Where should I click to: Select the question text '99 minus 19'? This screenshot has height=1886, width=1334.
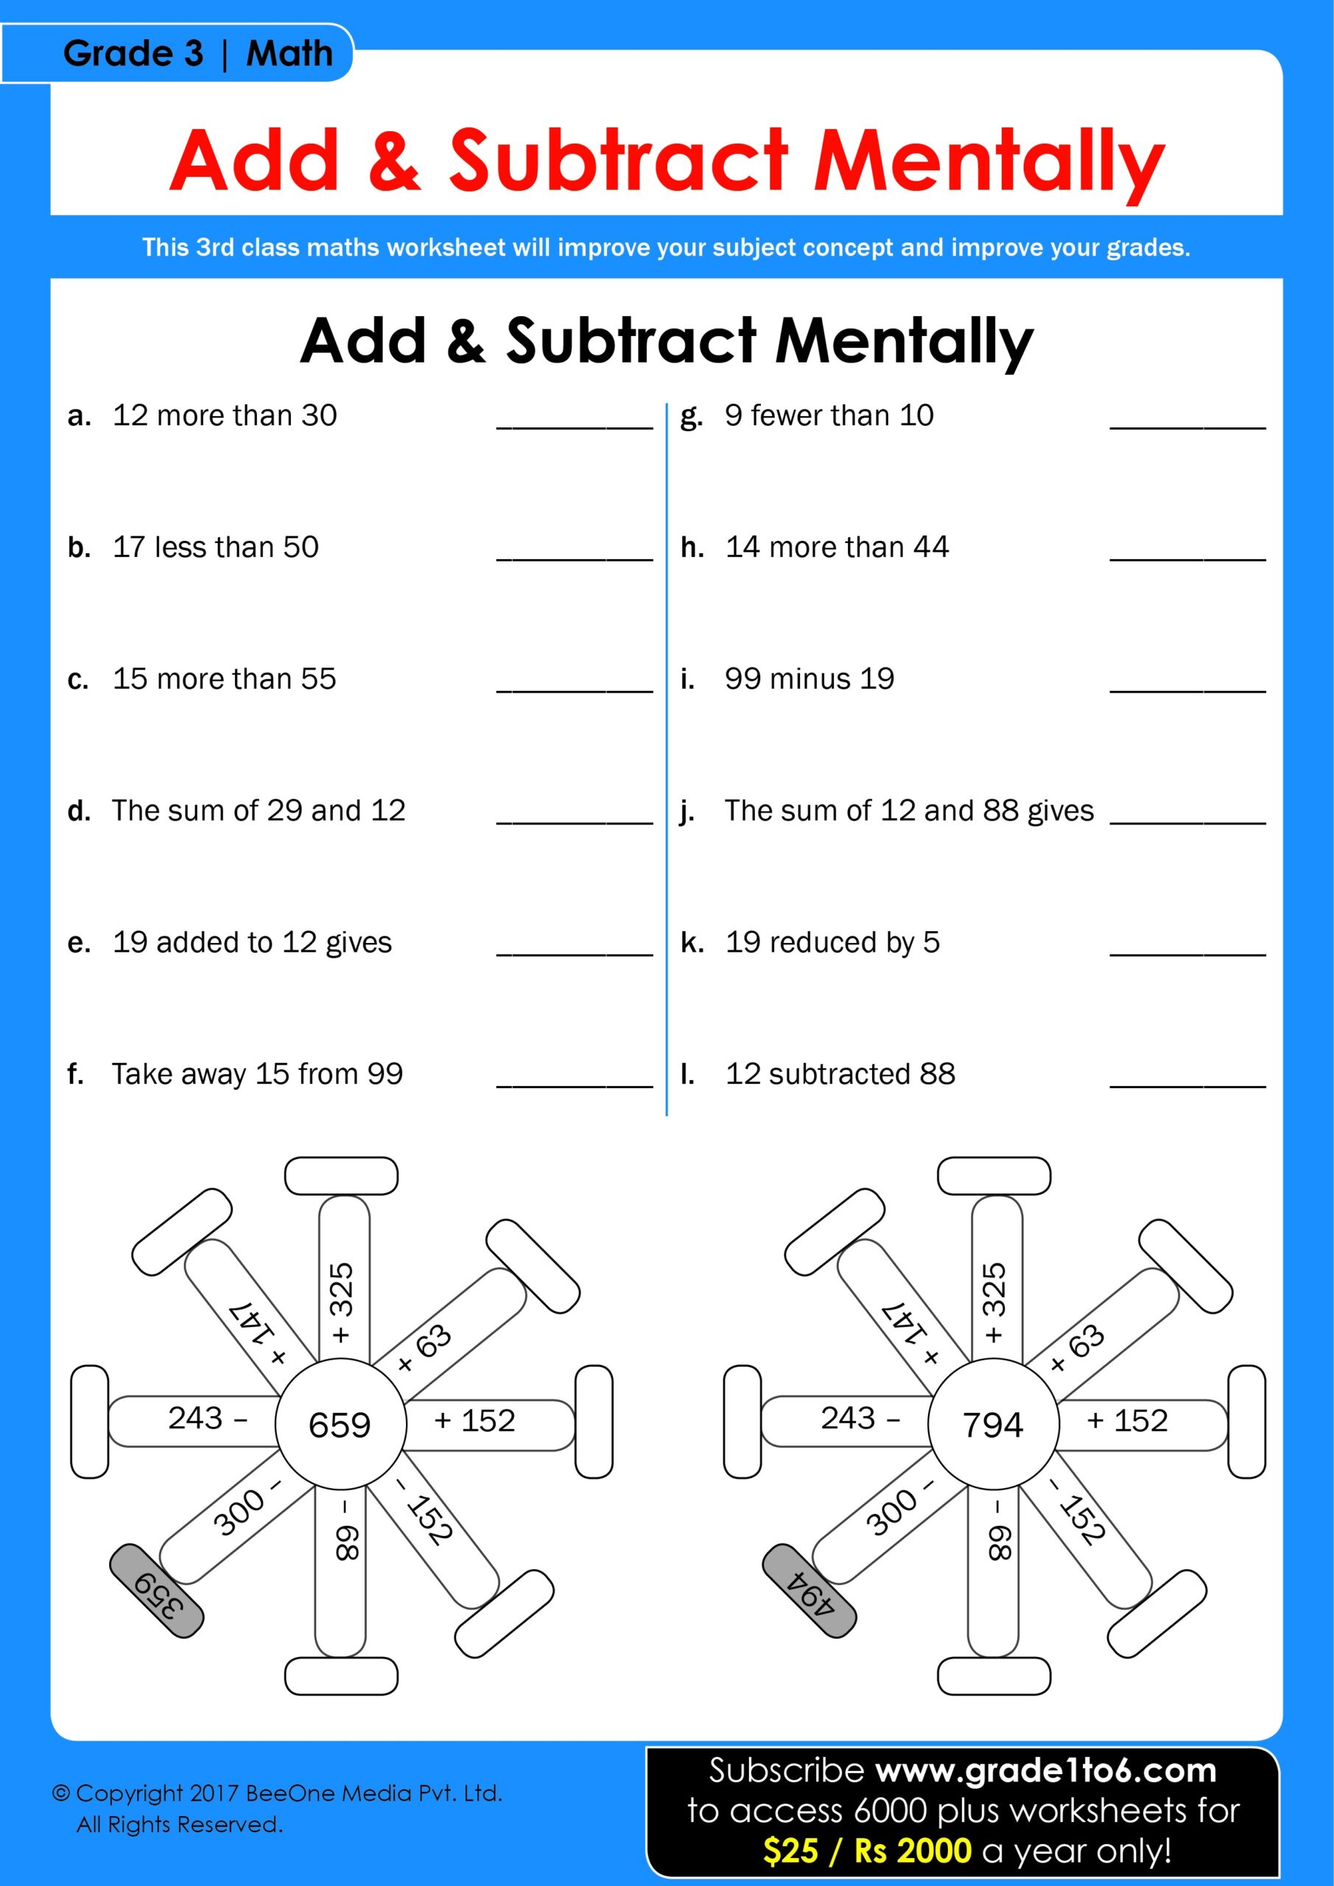pyautogui.click(x=808, y=679)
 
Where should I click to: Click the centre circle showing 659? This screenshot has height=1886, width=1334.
pyautogui.click(x=340, y=1423)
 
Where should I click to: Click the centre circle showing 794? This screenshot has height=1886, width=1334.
pyautogui.click(x=992, y=1423)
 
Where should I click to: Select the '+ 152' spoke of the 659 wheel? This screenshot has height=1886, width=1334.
pyautogui.click(x=485, y=1421)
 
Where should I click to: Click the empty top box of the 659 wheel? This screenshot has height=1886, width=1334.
pyautogui.click(x=341, y=1176)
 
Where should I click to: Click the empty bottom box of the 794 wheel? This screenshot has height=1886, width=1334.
pyautogui.click(x=993, y=1676)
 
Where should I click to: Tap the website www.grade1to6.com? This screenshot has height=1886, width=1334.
pyautogui.click(x=1045, y=1771)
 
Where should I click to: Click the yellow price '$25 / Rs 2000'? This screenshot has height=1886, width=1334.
pyautogui.click(x=866, y=1851)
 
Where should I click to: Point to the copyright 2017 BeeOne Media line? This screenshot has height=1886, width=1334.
pyautogui.click(x=276, y=1793)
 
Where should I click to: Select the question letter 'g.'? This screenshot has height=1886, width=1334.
pyautogui.click(x=691, y=417)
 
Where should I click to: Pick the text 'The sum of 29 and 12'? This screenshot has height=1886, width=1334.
pyautogui.click(x=259, y=810)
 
